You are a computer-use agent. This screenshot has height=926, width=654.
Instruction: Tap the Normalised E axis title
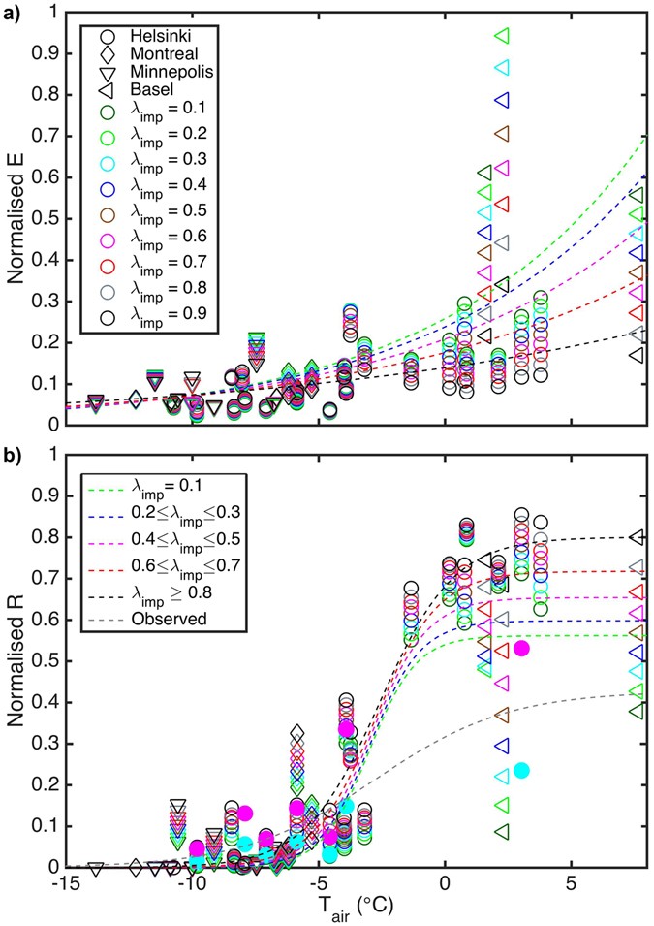tap(16, 219)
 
